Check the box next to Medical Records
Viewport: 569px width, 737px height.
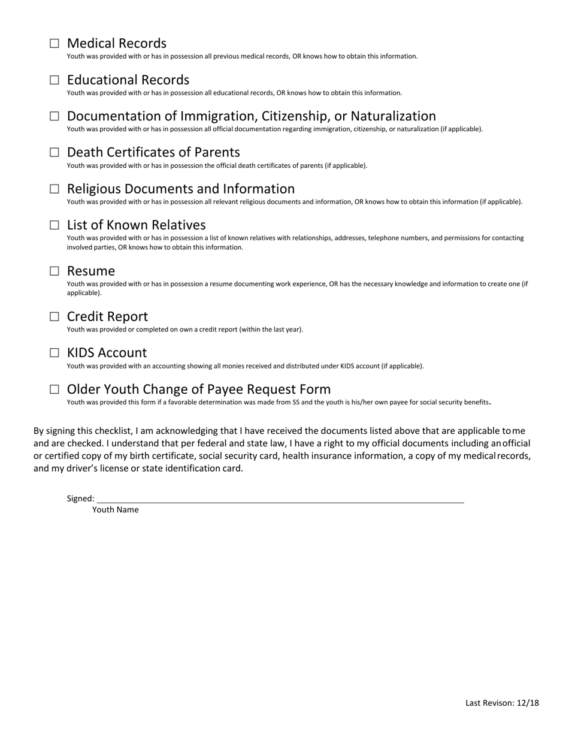pos(55,43)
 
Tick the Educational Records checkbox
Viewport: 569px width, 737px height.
pos(55,80)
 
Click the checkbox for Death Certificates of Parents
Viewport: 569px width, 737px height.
pos(55,152)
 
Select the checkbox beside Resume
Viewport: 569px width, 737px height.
pos(55,271)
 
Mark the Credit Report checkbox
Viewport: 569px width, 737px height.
pos(55,316)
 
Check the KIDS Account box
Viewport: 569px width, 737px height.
pos(55,353)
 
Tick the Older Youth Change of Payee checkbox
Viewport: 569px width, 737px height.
pos(55,389)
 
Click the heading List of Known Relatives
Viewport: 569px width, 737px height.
pos(136,225)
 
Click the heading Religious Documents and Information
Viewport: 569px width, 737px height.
pos(180,189)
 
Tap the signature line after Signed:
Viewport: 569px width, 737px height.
pos(280,499)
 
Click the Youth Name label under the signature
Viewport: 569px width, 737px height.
pos(115,510)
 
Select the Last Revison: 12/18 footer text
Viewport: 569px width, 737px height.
pos(502,703)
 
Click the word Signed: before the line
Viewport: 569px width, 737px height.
pos(80,499)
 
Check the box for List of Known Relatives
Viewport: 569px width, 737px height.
pos(55,225)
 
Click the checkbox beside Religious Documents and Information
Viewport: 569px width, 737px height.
pos(55,189)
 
